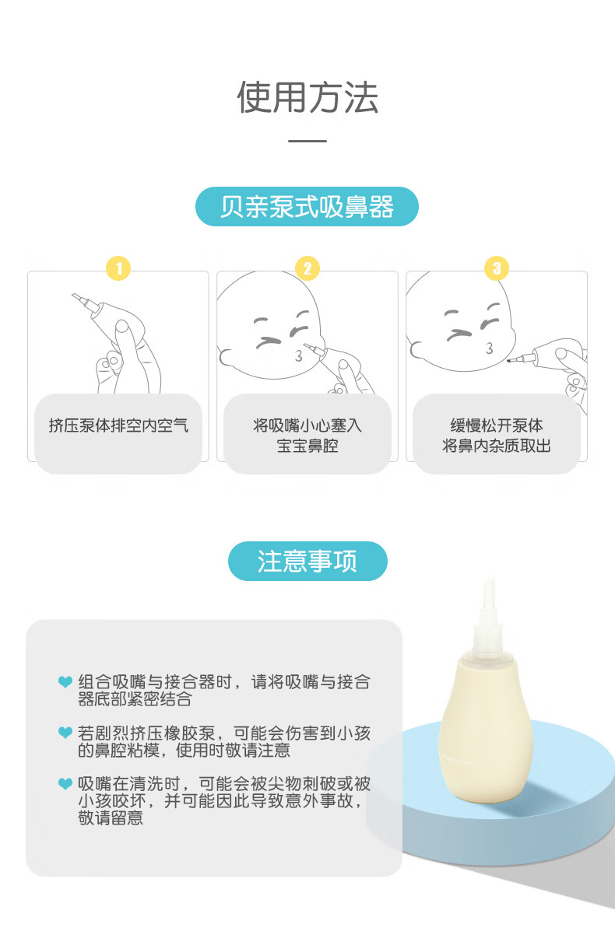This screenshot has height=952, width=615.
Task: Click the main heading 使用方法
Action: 307,97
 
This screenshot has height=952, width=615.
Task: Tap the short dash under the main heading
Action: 307,141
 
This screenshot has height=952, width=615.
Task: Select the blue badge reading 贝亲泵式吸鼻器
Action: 307,207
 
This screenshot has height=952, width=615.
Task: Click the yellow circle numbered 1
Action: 118,268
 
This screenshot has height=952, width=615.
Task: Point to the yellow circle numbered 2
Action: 307,268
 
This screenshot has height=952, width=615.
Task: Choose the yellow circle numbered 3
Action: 497,268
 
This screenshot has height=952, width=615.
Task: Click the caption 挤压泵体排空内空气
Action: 118,425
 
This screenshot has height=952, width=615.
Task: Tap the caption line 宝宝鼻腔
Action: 307,446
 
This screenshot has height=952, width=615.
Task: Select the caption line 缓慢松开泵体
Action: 497,425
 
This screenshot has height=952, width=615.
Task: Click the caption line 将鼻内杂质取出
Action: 497,446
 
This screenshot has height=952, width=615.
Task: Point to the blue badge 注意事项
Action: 307,561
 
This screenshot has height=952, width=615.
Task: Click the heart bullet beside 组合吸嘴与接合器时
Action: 65,681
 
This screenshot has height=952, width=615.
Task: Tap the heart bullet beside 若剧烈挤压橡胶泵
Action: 65,733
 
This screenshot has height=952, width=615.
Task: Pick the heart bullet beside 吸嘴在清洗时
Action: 65,784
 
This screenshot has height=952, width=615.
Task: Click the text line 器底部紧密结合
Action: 135,699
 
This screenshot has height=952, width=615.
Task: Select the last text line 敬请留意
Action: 111,818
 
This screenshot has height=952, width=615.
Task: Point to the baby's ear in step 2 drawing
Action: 227,358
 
